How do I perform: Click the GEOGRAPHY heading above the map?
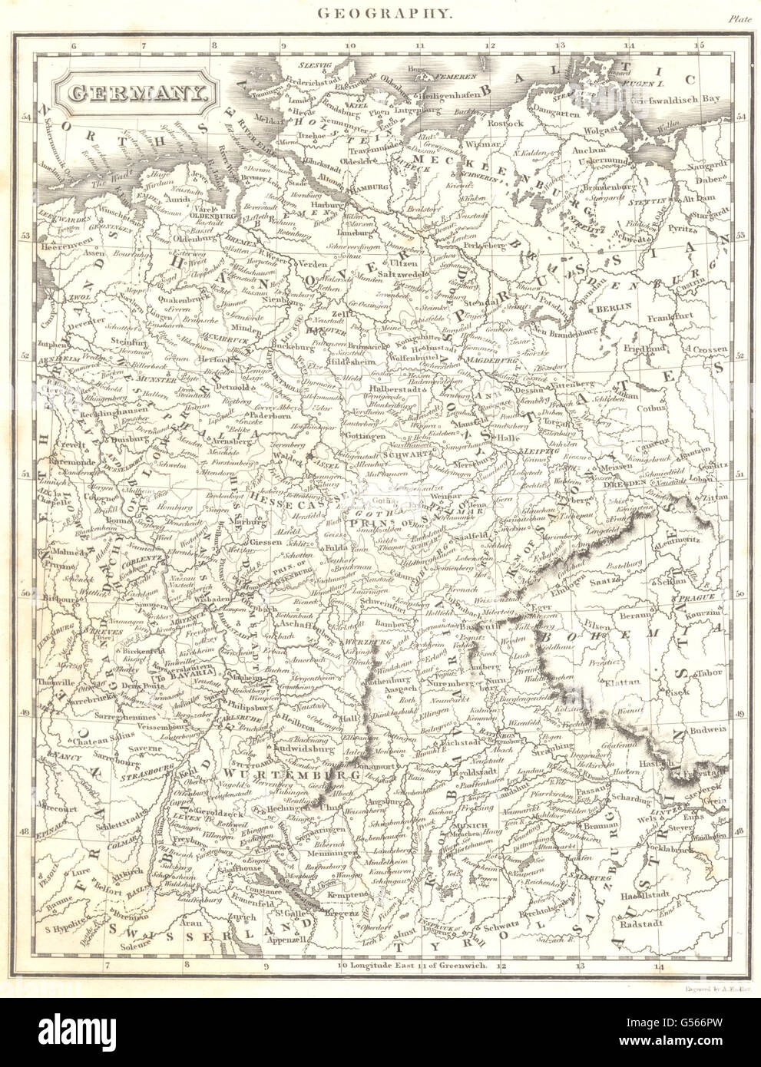(x=381, y=12)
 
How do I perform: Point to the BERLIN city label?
(x=614, y=306)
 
